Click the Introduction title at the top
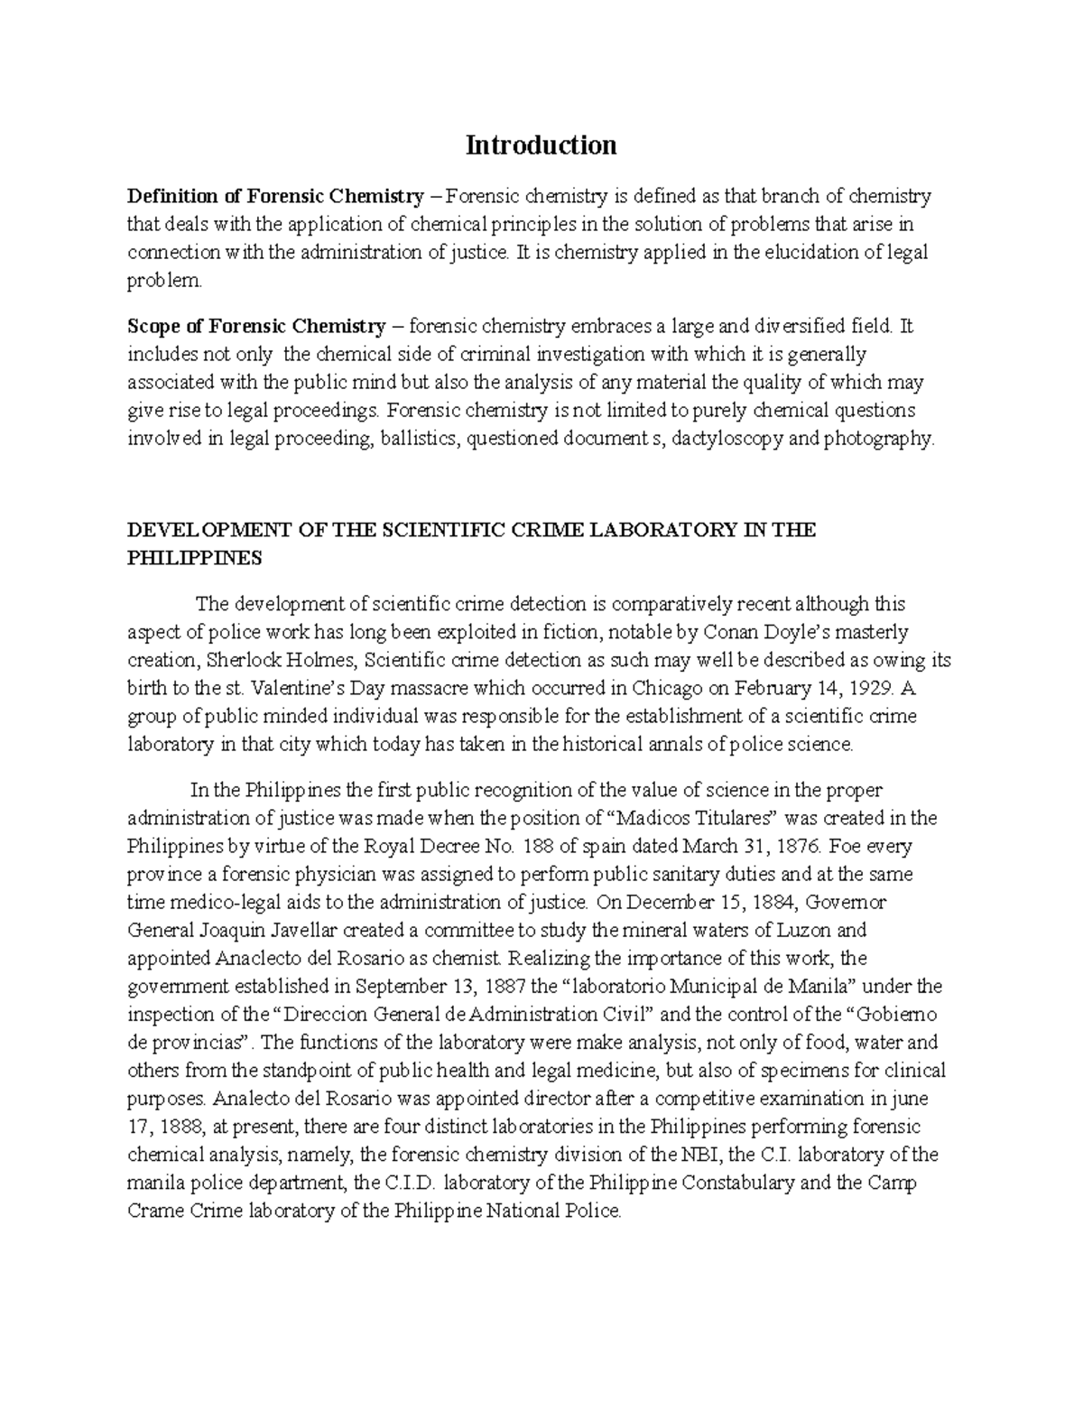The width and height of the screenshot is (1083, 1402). click(x=541, y=144)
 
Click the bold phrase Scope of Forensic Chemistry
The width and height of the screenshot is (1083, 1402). click(x=256, y=325)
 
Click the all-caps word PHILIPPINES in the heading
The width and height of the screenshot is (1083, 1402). click(x=194, y=558)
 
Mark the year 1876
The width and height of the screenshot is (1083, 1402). click(x=798, y=846)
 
